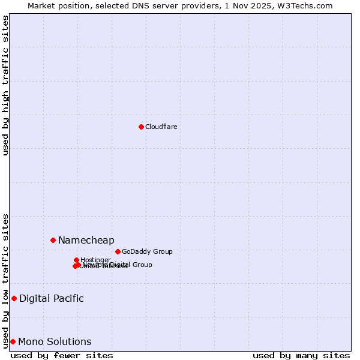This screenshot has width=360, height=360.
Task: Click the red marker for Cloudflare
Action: pyautogui.click(x=141, y=127)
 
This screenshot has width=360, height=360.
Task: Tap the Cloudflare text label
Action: pyautogui.click(x=161, y=127)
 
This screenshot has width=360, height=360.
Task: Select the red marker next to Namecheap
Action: pyautogui.click(x=53, y=240)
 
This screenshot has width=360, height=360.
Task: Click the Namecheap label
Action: pyautogui.click(x=86, y=240)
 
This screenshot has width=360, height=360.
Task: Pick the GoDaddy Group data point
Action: pyautogui.click(x=118, y=251)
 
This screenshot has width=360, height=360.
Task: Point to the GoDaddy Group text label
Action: pyautogui.click(x=147, y=251)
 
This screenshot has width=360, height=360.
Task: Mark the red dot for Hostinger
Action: pyautogui.click(x=76, y=260)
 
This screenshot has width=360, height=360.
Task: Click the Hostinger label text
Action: pyautogui.click(x=95, y=260)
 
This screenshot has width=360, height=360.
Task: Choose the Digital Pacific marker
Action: pyautogui.click(x=14, y=298)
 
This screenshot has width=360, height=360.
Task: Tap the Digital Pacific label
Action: pyautogui.click(x=52, y=298)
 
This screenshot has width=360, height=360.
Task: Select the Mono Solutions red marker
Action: pyautogui.click(x=13, y=341)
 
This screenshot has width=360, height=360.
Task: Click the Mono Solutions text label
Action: pyautogui.click(x=55, y=341)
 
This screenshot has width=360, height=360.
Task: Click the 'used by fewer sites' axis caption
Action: pyautogui.click(x=62, y=355)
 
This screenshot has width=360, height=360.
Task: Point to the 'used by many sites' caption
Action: pyautogui.click(x=301, y=355)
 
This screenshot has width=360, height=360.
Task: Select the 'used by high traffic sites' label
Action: pyautogui.click(x=6, y=85)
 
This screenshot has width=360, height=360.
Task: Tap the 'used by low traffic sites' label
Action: pyautogui.click(x=6, y=281)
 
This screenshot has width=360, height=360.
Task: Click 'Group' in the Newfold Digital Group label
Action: pyautogui.click(x=142, y=265)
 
